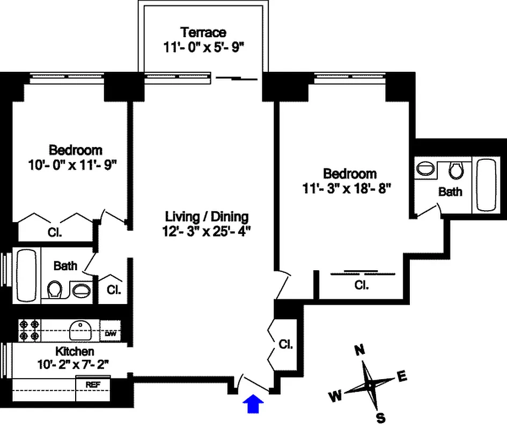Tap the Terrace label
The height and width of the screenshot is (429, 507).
tap(203, 32)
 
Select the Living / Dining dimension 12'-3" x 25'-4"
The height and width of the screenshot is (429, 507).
tap(207, 232)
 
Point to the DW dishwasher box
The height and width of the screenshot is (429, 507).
tap(111, 334)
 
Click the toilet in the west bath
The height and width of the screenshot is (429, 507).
tap(54, 290)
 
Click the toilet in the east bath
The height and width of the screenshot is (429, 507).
tap(456, 171)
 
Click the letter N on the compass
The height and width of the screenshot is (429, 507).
tap(360, 351)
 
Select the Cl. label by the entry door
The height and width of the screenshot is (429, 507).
tap(285, 344)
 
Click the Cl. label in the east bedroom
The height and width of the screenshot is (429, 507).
tap(361, 285)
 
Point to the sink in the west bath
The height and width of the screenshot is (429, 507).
tap(81, 290)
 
